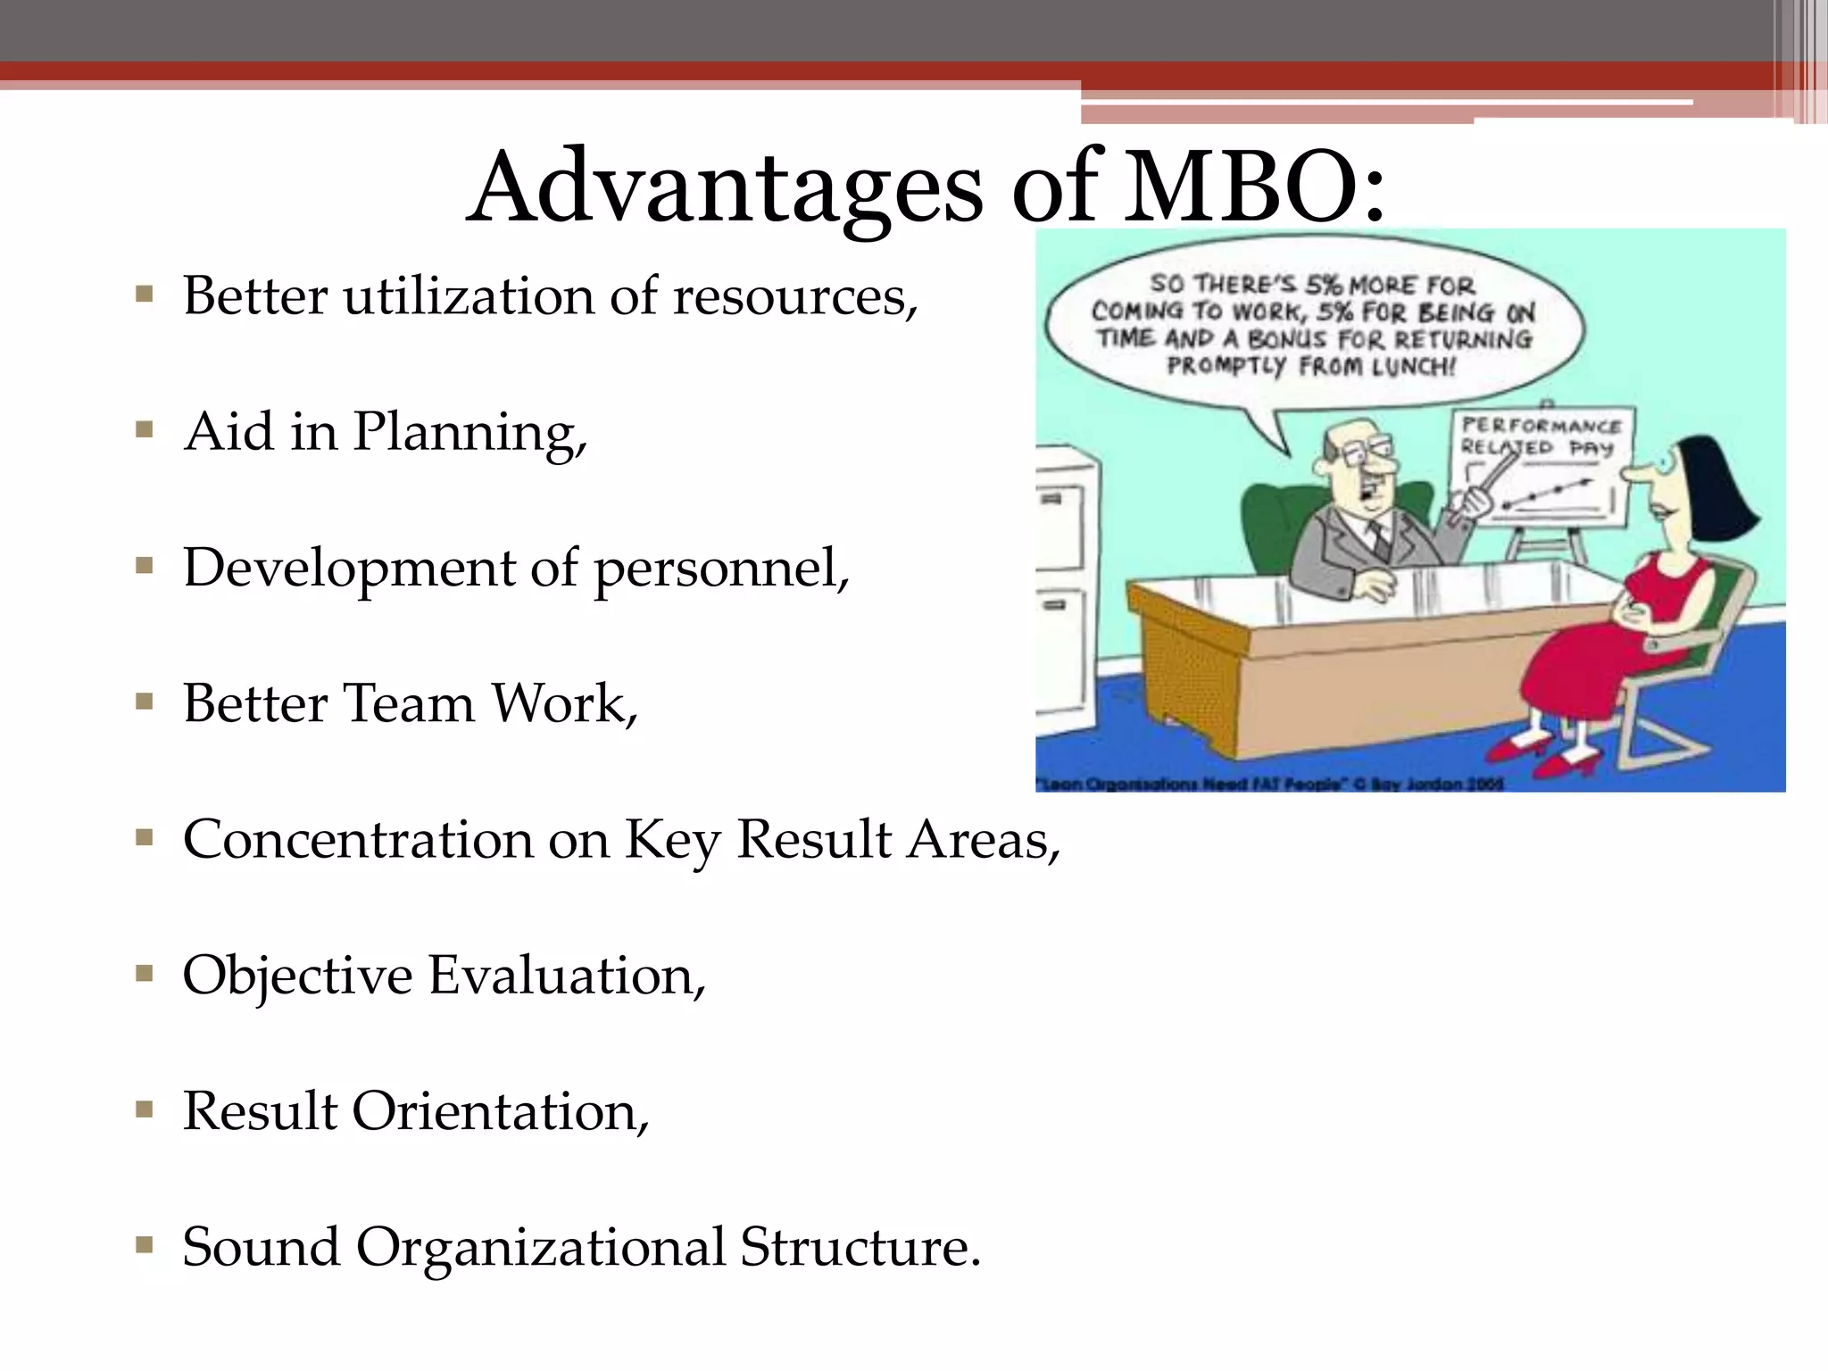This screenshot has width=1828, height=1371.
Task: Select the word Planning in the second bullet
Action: (469, 434)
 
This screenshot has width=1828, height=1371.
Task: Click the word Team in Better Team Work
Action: (409, 703)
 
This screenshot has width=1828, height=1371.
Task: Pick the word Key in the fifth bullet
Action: (671, 841)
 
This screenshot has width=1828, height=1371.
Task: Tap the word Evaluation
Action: (566, 976)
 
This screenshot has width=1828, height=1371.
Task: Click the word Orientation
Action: (500, 1112)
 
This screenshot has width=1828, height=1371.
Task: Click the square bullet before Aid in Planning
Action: (145, 431)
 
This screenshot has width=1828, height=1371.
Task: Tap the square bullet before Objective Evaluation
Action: (145, 974)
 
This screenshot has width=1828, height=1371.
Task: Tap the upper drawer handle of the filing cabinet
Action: (1052, 499)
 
